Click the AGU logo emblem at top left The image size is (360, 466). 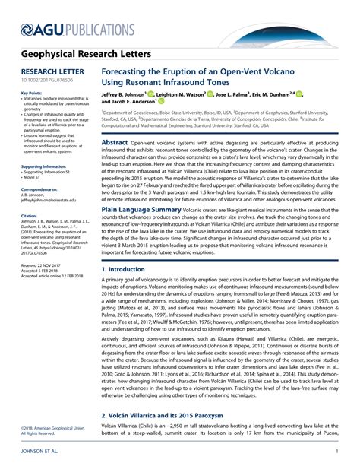pyautogui.click(x=27, y=28)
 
